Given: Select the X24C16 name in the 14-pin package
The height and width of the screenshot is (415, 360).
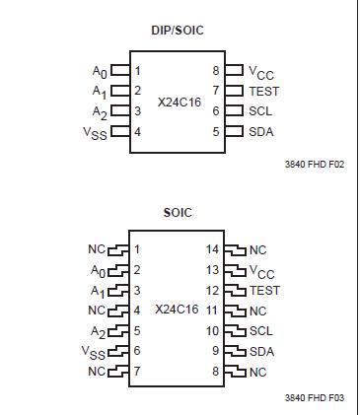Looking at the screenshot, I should coord(179,310).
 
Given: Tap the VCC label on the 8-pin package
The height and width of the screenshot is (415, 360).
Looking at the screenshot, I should coord(262,72).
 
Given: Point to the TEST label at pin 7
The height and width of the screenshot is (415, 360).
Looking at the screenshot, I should coord(265,90).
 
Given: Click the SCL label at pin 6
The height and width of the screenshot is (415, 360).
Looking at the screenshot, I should coord(260,110).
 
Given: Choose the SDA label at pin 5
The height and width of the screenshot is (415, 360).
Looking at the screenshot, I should coord(261,130).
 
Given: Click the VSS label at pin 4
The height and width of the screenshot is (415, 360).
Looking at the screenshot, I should coord(96,131).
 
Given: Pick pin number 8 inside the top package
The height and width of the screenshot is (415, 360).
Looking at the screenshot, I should coord(215,71).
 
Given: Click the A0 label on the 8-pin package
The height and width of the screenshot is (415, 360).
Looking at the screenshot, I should coord(97,70).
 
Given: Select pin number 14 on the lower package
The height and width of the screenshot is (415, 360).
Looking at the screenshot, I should coord(210,250).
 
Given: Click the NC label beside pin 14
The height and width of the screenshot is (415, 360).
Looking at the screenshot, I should coord(258,250).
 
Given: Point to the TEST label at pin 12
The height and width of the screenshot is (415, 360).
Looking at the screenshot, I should coord(264,291).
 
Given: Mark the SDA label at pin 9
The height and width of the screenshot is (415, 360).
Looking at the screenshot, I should coord(261,351).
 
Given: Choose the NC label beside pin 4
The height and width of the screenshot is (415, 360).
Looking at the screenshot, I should coord(97,311).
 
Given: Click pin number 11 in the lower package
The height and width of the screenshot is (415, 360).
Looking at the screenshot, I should coord(211,311).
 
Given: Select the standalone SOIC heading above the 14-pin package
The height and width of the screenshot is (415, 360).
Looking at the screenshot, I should coord(178,213).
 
